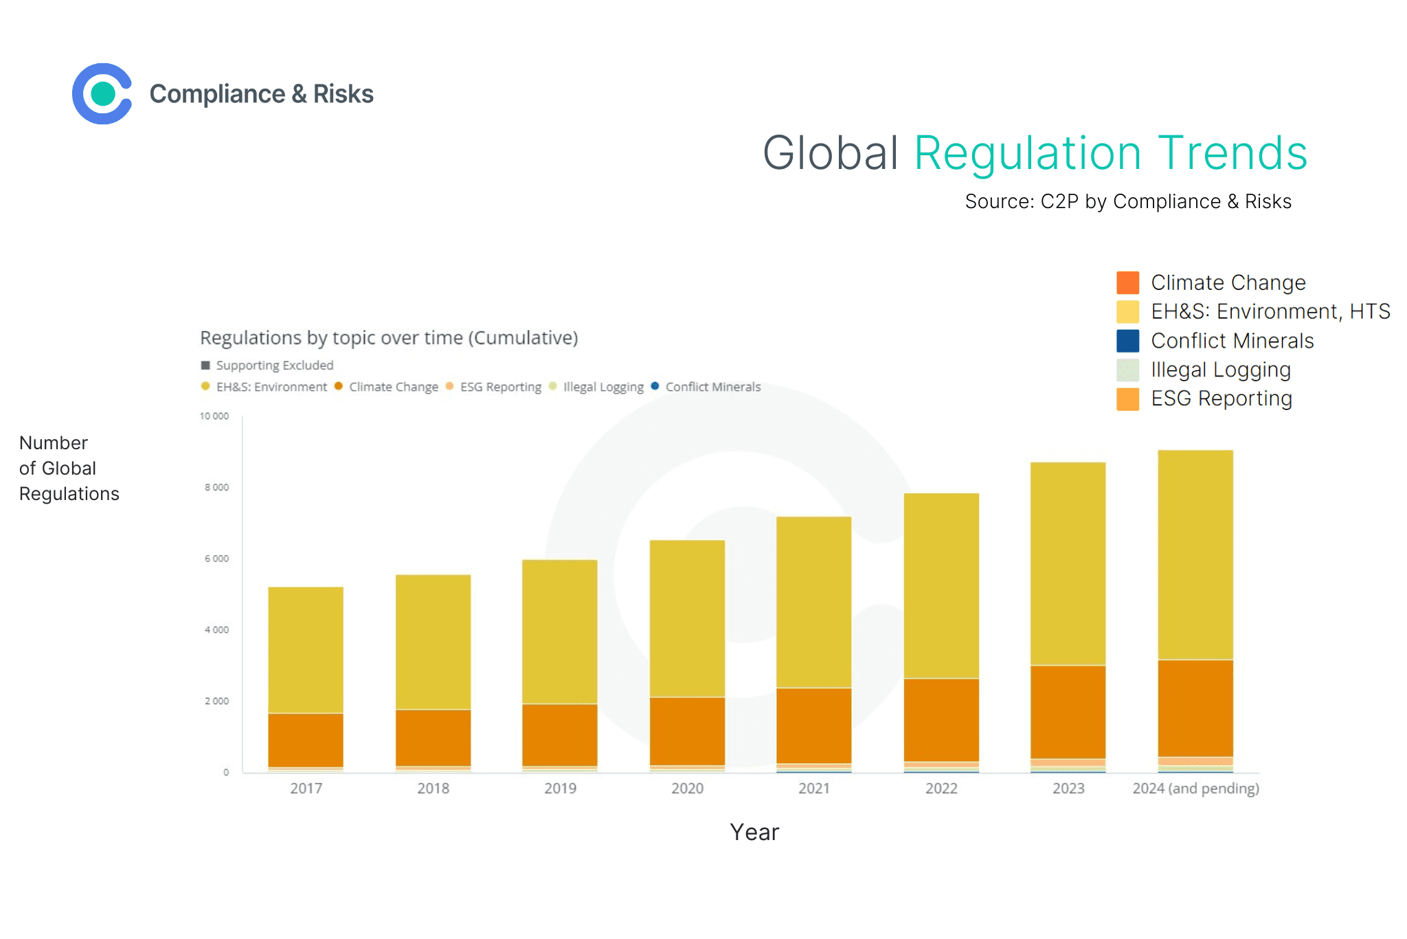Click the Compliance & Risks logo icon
(102, 94)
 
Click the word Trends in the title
(1232, 152)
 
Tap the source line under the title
(1127, 201)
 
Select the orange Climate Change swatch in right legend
(1127, 282)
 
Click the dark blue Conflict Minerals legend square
(1127, 341)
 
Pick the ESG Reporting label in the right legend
(1221, 398)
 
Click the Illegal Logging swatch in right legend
(1127, 370)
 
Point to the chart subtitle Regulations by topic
(388, 338)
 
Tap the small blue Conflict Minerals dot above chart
(655, 386)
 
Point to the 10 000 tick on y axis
(214, 416)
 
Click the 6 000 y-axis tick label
(216, 558)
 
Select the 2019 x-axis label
(560, 789)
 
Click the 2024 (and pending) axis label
(1195, 789)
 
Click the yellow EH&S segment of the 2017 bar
(306, 649)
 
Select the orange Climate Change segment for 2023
(1068, 711)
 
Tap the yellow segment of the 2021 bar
(813, 601)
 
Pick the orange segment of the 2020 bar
(687, 730)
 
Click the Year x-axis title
(754, 833)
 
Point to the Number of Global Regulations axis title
(69, 468)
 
